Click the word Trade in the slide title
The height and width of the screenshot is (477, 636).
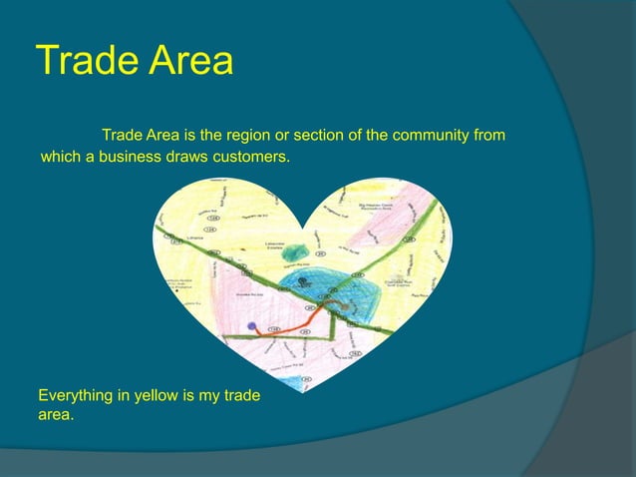84,62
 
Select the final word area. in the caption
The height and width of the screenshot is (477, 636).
55,414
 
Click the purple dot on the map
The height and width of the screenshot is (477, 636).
252,326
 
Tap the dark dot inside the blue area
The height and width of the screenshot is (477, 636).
302,282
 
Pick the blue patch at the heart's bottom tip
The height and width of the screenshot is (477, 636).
292,380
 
